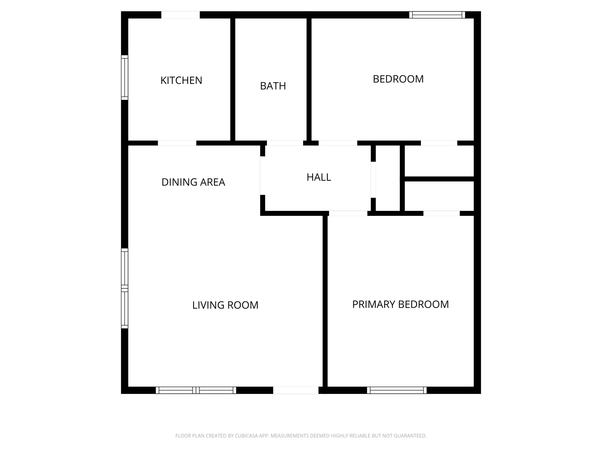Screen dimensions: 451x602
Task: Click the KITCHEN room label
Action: point(181,80)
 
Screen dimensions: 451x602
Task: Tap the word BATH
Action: point(273,86)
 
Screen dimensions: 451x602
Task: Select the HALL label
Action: point(319,177)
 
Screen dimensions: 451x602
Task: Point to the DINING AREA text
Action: point(193,182)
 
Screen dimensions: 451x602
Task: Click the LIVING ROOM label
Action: point(225,305)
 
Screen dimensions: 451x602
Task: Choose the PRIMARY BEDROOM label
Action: point(400,304)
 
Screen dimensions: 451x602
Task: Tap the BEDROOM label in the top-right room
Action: point(398,79)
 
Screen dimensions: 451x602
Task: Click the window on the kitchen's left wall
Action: point(125,78)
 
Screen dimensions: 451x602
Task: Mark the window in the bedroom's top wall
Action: point(437,15)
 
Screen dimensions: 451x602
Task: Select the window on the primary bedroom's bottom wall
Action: point(397,390)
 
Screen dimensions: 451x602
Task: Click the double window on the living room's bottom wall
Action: point(196,390)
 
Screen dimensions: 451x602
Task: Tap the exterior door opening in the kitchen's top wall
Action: point(180,15)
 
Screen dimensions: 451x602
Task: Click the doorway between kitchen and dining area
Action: point(177,143)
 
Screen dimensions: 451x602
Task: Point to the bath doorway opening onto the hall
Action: point(285,143)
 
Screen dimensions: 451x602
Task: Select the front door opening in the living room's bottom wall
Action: point(295,390)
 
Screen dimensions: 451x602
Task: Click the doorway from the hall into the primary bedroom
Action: point(348,213)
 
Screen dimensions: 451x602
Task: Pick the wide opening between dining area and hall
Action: point(262,176)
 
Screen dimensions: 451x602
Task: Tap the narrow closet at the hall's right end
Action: point(388,178)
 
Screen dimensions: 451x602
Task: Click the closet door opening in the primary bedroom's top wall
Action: point(441,213)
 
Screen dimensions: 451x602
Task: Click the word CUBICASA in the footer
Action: point(246,436)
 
